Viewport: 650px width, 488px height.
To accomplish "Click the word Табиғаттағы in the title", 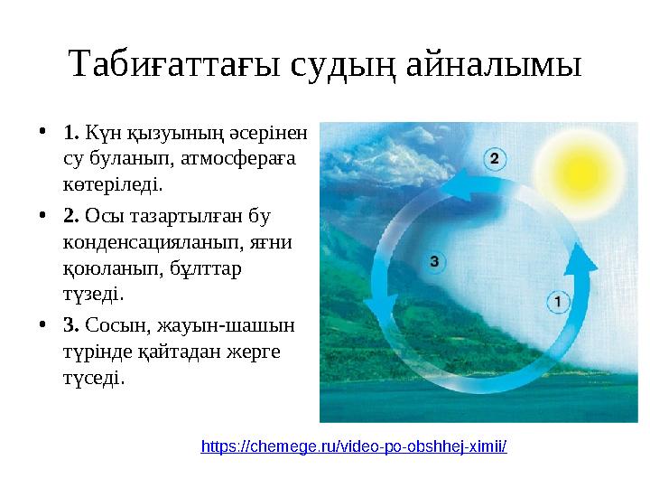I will click(167, 65).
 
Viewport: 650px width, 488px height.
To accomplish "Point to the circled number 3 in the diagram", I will click(435, 262).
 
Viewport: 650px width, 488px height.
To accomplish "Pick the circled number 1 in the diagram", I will click(557, 301).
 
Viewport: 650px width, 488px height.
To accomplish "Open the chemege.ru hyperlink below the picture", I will click(354, 446).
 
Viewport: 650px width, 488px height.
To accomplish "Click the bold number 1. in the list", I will click(73, 134).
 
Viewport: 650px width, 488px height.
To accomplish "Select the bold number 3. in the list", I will click(73, 324).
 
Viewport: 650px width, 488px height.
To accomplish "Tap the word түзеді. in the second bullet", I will click(94, 295).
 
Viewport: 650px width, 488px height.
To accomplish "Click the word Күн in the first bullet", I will click(104, 134).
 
